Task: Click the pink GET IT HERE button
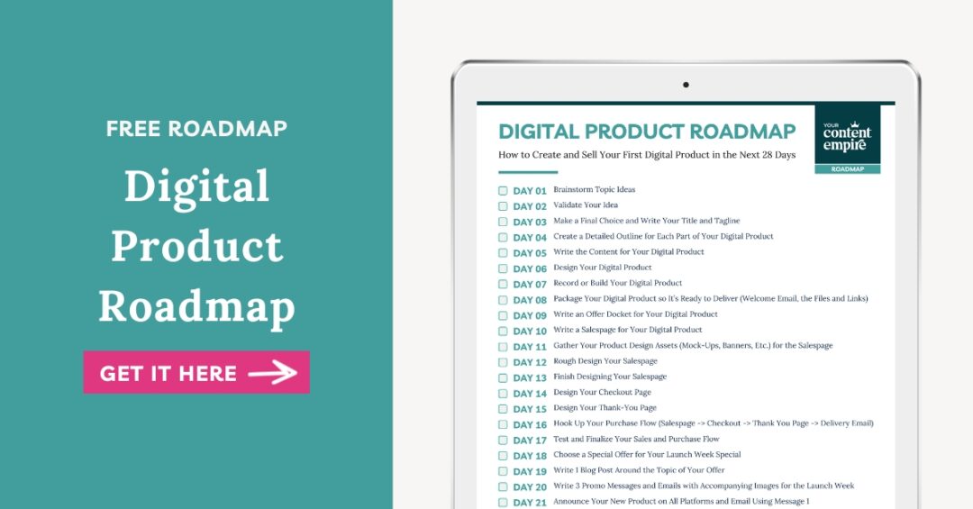coord(196,372)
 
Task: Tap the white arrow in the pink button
coord(272,372)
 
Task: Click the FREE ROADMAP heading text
coord(196,129)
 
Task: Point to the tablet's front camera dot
coord(686,85)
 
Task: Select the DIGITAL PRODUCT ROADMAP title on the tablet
coord(647,132)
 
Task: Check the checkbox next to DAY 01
coord(503,191)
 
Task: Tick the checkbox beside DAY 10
coord(503,331)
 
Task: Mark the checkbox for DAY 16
coord(503,424)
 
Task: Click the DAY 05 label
coord(530,253)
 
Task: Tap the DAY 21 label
coord(530,502)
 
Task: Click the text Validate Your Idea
coord(586,205)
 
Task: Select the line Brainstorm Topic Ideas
coord(594,189)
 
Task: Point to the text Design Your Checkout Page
coord(602,392)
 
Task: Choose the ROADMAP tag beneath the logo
coord(847,168)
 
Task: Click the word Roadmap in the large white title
coord(196,306)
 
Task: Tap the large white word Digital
coord(196,186)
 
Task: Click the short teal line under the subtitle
coord(528,172)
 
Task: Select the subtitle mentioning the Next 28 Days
coord(647,155)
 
